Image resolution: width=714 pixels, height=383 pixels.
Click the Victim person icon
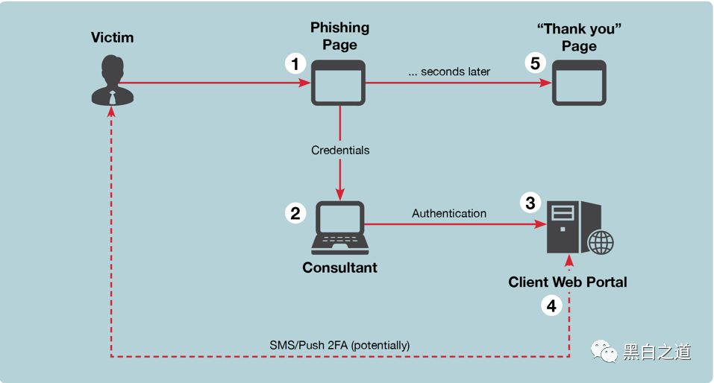[x=113, y=80]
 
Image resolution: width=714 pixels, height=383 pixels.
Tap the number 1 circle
[x=295, y=63]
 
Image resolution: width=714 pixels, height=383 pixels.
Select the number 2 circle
[x=295, y=213]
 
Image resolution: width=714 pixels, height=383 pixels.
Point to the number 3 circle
[x=530, y=203]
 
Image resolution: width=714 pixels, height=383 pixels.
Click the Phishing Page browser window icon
[x=338, y=83]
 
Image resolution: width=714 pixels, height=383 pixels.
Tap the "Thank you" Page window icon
[x=579, y=83]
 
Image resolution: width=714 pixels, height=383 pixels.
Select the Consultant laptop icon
[x=340, y=228]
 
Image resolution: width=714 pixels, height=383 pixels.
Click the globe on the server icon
[x=601, y=242]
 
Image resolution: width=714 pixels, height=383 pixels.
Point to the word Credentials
[x=340, y=150]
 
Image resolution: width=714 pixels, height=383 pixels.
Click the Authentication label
[x=449, y=213]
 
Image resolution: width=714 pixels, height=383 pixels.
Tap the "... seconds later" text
[x=449, y=72]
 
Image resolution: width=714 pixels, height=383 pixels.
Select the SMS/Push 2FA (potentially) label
[x=339, y=345]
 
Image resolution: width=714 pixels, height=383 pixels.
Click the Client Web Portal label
[x=568, y=282]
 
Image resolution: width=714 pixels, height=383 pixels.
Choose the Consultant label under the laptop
[x=339, y=268]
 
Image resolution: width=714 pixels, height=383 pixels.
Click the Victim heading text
[x=112, y=37]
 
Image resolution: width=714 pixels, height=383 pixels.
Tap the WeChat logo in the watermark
[x=604, y=352]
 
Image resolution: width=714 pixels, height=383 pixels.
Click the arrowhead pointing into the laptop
[x=340, y=194]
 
